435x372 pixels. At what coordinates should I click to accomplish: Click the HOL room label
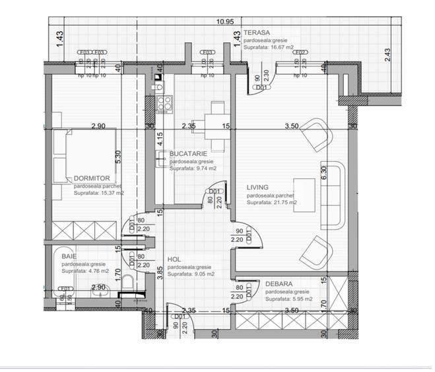coord(174,260)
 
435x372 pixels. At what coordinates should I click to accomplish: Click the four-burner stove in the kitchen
coord(165,103)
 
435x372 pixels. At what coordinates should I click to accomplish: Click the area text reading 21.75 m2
coord(271,203)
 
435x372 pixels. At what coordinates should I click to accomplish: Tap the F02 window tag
coord(300,52)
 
